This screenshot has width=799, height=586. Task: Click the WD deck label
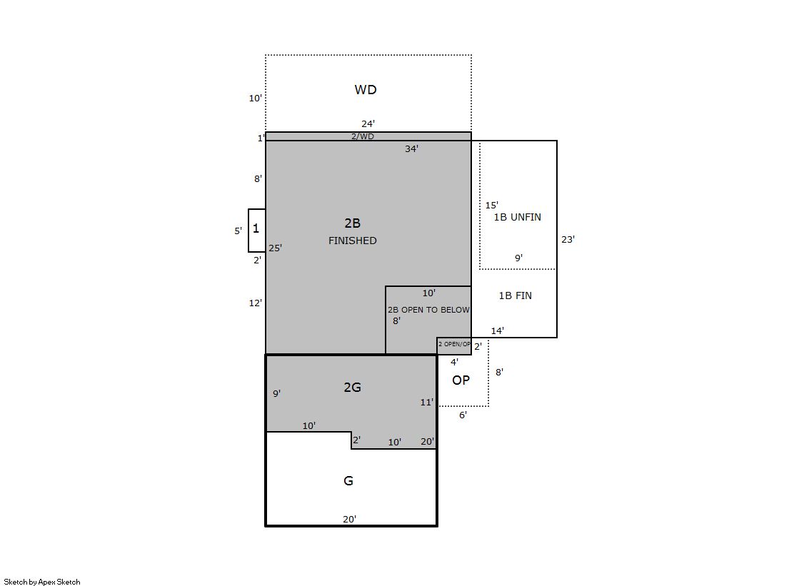[366, 90]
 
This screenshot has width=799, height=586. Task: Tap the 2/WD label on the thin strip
[362, 136]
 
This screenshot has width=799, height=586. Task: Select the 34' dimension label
[412, 148]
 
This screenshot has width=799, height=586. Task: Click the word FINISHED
[352, 241]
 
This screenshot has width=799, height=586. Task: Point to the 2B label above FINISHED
[352, 223]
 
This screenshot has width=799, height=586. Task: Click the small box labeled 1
[257, 231]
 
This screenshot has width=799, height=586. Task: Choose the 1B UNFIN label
[517, 217]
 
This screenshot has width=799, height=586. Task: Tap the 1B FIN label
[515, 295]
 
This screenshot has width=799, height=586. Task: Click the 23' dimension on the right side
[568, 239]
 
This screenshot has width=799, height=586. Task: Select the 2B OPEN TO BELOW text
[428, 310]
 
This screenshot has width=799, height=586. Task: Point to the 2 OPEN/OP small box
[454, 345]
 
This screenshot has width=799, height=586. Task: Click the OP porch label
[461, 380]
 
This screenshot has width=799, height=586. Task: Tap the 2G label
[352, 388]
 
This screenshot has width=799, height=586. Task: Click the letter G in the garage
[348, 480]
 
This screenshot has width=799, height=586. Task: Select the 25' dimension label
[275, 248]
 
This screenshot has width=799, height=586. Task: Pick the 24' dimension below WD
[368, 123]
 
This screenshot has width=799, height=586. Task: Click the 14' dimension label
[498, 330]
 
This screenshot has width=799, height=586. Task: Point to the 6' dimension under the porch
[463, 415]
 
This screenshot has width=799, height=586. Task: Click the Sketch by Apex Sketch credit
[42, 582]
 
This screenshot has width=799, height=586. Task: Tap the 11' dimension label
[427, 402]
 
